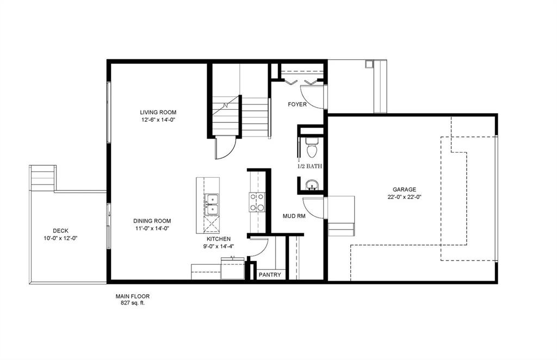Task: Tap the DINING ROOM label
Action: tap(152, 221)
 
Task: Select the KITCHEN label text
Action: tap(218, 239)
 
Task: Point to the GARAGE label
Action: tap(405, 190)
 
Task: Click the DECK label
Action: tap(60, 231)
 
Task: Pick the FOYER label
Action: tap(298, 104)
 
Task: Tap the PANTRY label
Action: tap(270, 275)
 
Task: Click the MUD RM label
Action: tap(293, 216)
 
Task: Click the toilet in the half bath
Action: tap(312, 147)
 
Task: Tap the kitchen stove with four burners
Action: tap(257, 202)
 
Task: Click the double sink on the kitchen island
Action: tap(211, 204)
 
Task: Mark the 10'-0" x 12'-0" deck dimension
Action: tap(60, 238)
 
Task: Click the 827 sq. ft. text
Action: tap(132, 303)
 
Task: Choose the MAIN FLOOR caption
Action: tap(132, 296)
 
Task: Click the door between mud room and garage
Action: tap(314, 207)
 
